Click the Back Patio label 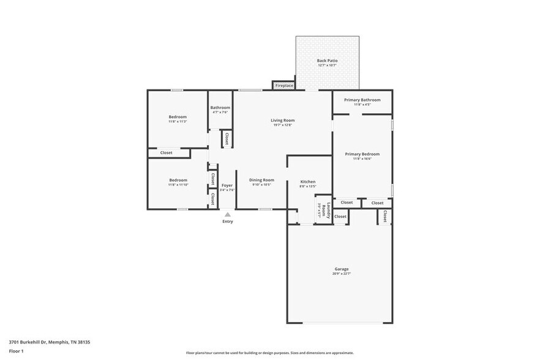click(327, 61)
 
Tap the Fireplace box click(283, 86)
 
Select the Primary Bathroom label click(362, 100)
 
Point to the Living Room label click(282, 121)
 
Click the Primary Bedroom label click(362, 154)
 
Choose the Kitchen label click(307, 182)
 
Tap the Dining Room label click(261, 180)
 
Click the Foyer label click(227, 185)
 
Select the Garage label click(341, 269)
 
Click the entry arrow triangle click(227, 214)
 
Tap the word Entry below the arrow click(227, 222)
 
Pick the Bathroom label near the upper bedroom click(220, 108)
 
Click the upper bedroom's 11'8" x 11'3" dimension click(178, 121)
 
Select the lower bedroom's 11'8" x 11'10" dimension click(178, 184)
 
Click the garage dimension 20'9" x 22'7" click(341, 274)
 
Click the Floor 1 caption click(16, 351)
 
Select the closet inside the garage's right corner click(384, 216)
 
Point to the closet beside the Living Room click(226, 139)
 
